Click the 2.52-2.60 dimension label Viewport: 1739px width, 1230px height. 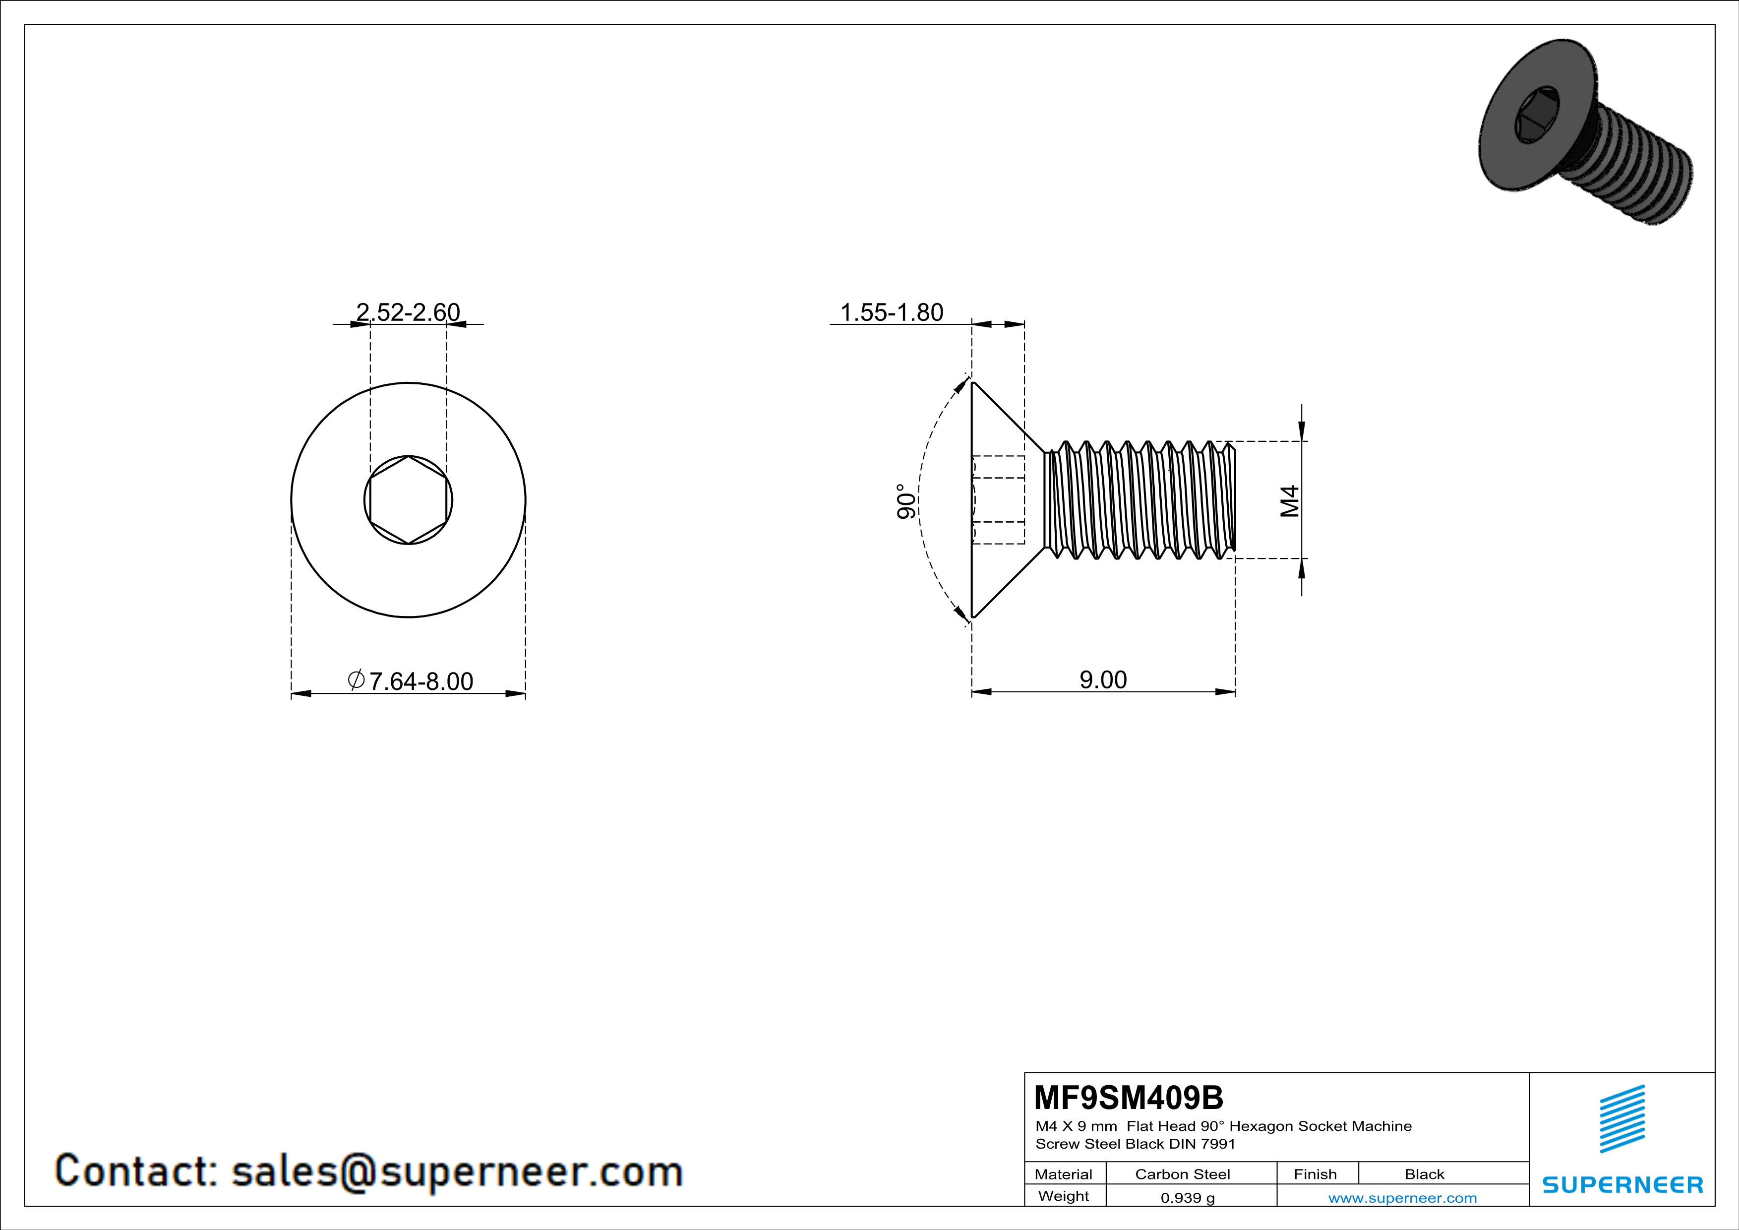[x=408, y=312]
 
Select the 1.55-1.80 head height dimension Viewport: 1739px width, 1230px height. [x=892, y=312]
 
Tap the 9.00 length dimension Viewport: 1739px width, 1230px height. [x=1103, y=679]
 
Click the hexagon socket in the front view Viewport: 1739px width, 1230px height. [x=408, y=500]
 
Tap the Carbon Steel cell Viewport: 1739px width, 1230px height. [x=1182, y=1174]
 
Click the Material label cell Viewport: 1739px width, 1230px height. [x=1064, y=1174]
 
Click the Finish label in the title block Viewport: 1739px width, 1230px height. [x=1315, y=1174]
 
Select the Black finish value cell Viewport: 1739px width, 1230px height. [x=1424, y=1174]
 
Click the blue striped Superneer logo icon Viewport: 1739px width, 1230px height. [x=1621, y=1119]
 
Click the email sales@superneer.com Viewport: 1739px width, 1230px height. [x=457, y=1171]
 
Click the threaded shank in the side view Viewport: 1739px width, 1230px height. [x=1140, y=500]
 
